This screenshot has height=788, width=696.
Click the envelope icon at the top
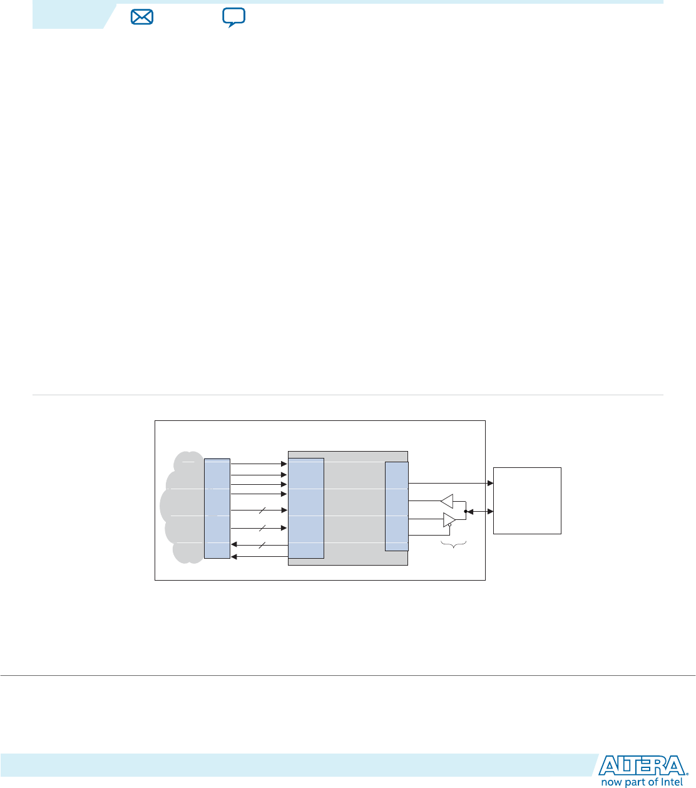(x=142, y=18)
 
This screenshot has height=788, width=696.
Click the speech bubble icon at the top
(x=233, y=18)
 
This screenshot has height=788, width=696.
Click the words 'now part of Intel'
(x=642, y=782)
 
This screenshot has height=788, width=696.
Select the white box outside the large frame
(x=527, y=500)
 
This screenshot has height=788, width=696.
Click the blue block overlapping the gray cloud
(x=217, y=509)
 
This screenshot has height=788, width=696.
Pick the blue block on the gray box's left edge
(x=306, y=508)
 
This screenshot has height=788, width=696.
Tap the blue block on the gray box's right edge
(x=397, y=506)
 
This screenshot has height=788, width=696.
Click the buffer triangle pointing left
(x=447, y=501)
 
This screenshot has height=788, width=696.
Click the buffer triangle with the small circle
(x=448, y=520)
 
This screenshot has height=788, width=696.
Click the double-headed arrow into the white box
(x=479, y=512)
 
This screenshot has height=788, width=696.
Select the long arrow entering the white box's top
(x=451, y=484)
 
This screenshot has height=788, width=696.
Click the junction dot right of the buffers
(x=466, y=512)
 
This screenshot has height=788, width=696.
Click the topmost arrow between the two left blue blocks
(x=258, y=464)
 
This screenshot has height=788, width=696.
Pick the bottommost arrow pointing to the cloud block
(x=259, y=556)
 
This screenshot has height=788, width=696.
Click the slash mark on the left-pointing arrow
(x=262, y=546)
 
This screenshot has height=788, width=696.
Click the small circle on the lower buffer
(x=449, y=525)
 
